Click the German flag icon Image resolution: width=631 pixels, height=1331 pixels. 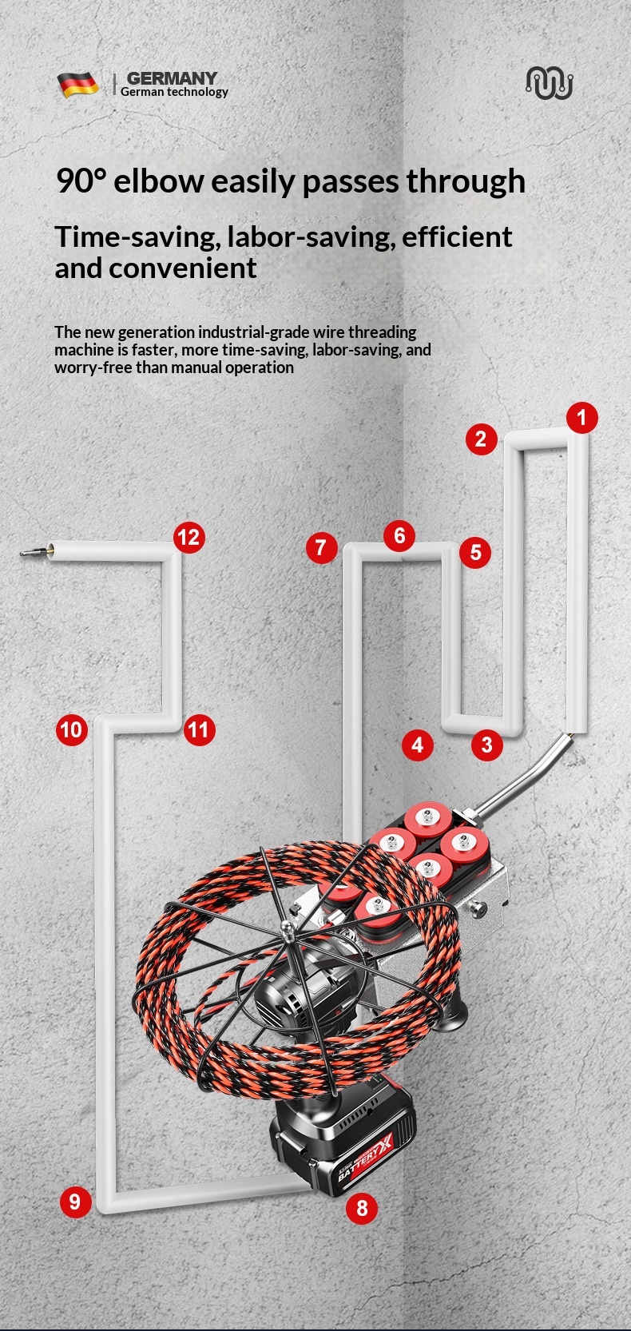[x=77, y=85]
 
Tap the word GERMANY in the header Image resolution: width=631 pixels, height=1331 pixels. [x=172, y=77]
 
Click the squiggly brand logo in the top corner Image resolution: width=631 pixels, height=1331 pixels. [x=549, y=82]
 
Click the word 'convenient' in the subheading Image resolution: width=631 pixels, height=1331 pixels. [x=183, y=268]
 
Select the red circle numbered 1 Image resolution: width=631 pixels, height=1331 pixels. [x=581, y=417]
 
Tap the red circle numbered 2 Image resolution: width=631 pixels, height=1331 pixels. [x=482, y=439]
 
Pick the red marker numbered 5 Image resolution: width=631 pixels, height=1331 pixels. [x=475, y=552]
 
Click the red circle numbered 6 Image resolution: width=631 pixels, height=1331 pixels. [x=399, y=535]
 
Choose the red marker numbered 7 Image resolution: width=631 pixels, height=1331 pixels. [x=321, y=547]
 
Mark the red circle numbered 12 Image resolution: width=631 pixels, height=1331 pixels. [x=189, y=537]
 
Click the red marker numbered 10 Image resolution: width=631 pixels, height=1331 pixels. [x=72, y=729]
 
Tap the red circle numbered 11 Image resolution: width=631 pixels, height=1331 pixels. [x=199, y=729]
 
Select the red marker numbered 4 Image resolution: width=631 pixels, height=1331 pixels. [x=418, y=745]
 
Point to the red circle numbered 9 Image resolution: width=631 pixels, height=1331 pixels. [x=75, y=1202]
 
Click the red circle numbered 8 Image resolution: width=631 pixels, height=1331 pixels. [x=362, y=1207]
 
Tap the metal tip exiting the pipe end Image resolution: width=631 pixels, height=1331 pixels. [x=34, y=552]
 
